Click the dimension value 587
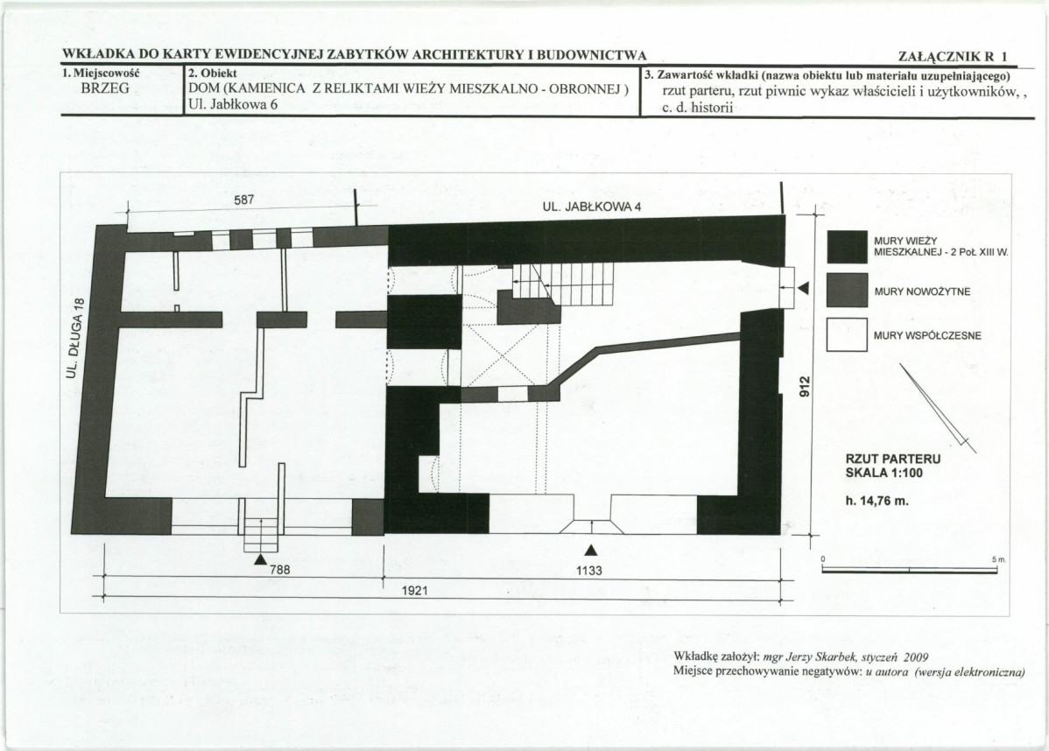coord(244,200)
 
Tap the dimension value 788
coord(280,571)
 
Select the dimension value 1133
coord(588,571)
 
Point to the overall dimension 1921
coord(414,591)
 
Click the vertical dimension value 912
coord(806,385)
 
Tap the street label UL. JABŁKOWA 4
coord(591,207)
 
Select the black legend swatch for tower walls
coord(847,247)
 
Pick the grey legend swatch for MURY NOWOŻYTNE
coord(847,291)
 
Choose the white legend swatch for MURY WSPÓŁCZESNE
coord(847,334)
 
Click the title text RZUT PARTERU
coord(893,460)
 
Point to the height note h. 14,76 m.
coord(877,500)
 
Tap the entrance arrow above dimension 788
coord(261,558)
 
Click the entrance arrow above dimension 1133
coord(590,550)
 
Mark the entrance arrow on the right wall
coord(804,288)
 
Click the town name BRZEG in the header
coord(106,88)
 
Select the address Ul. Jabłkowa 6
coord(233,104)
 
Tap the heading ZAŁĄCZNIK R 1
coord(953,57)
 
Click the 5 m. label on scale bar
coord(999,559)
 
